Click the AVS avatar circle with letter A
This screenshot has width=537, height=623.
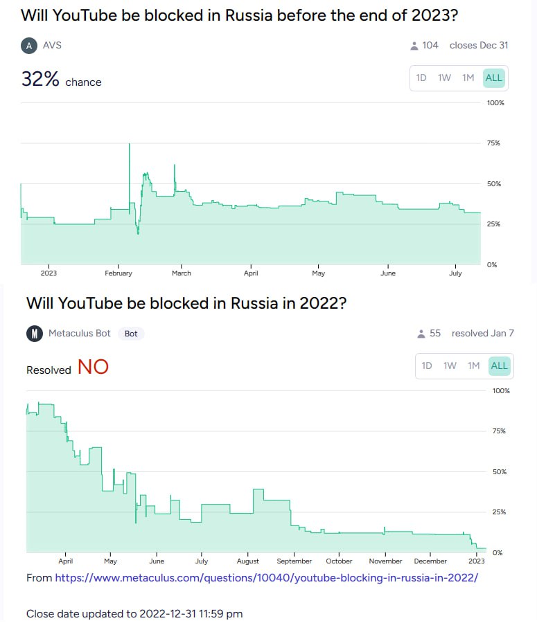click(x=28, y=46)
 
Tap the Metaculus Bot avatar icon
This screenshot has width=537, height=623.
click(x=34, y=334)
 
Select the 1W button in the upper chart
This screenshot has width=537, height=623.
click(x=444, y=78)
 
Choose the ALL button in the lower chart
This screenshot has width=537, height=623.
click(x=499, y=365)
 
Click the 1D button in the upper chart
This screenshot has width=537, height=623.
click(x=421, y=78)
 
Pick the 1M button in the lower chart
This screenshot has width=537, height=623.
click(x=473, y=365)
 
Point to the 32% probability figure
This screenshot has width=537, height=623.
click(x=41, y=80)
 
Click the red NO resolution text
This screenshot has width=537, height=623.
click(x=93, y=368)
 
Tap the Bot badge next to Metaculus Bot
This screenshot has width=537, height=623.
click(x=131, y=334)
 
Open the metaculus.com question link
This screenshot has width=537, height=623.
click(x=266, y=577)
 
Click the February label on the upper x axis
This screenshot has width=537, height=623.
click(x=118, y=273)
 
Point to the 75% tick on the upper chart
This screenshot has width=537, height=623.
click(x=493, y=143)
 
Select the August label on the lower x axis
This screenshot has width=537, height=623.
click(x=247, y=561)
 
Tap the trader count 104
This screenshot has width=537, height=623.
click(x=430, y=46)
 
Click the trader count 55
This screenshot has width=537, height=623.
click(x=435, y=334)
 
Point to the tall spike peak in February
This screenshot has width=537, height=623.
click(x=129, y=145)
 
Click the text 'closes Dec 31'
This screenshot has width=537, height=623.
click(x=479, y=46)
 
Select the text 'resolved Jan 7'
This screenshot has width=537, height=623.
click(x=482, y=334)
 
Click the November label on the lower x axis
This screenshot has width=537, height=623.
click(x=385, y=561)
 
